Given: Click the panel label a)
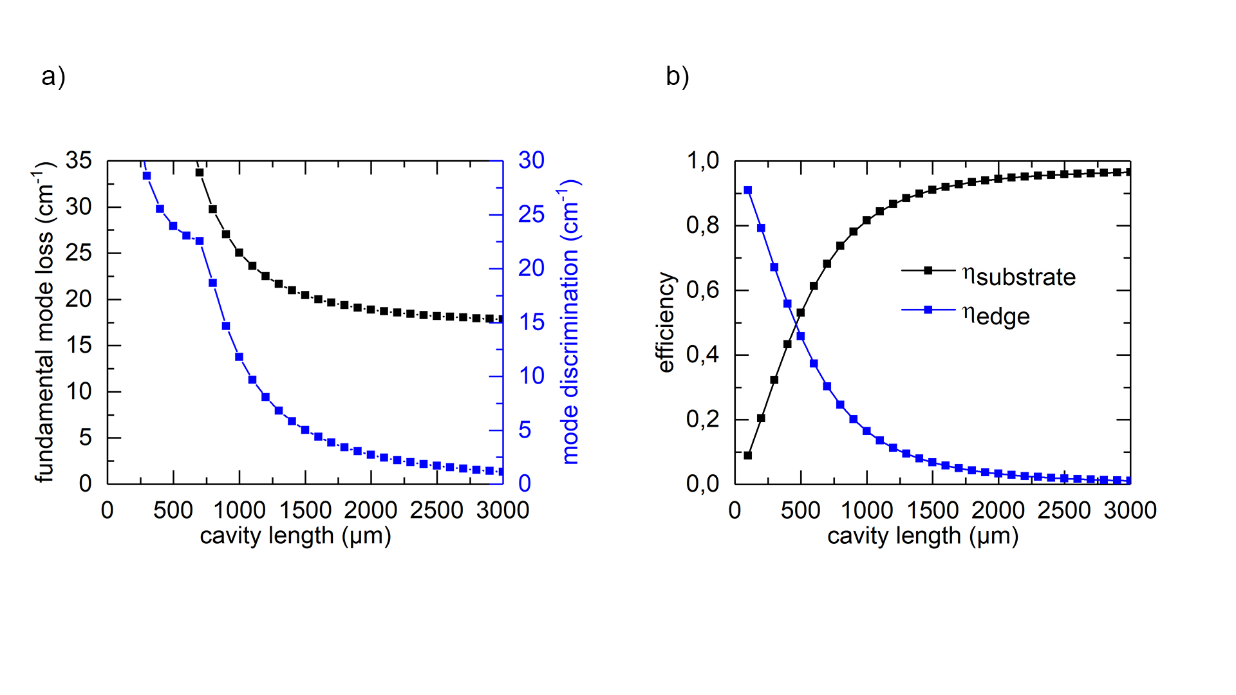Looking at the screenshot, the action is pos(53,77).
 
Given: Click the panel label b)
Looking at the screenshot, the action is pos(677,77).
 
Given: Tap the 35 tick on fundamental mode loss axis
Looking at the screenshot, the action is pos(79,160).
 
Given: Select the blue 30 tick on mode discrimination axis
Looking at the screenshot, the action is pos(532,160).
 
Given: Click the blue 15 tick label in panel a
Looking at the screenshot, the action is pos(532,322).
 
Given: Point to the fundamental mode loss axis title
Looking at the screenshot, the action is pos(44,322).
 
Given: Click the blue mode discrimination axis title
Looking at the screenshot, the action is pos(571,322).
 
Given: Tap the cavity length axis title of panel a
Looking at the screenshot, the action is pos(295,536).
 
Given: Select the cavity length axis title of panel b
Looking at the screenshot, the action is pos(922,536).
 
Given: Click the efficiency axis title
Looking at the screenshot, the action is pos(666,322).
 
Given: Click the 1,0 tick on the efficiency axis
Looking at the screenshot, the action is pos(702,160).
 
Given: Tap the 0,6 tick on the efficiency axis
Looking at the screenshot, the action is pos(702,290).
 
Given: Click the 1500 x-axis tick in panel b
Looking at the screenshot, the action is pos(932,510).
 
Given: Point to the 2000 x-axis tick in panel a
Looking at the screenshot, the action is pos(370,510).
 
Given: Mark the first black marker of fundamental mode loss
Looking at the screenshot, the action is pos(200,172).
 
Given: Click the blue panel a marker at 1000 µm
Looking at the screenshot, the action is pos(239,357).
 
